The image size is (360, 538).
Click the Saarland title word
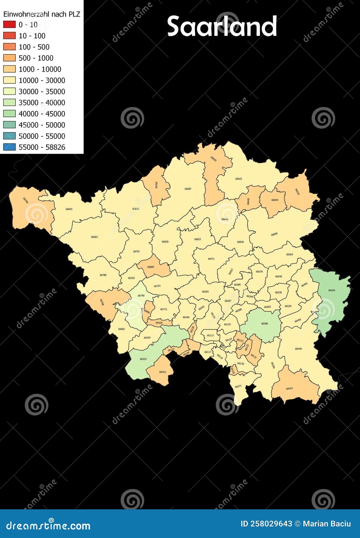point(222,26)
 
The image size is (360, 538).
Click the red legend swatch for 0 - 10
point(9,25)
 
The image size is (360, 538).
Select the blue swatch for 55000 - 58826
point(9,147)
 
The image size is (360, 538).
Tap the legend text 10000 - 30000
point(42,80)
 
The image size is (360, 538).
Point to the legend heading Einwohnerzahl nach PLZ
point(42,14)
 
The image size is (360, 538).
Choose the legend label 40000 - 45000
point(42,114)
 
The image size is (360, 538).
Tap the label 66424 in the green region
point(332,290)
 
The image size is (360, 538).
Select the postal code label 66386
point(265,323)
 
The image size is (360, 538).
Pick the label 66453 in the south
point(289,388)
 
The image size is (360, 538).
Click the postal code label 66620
point(214,158)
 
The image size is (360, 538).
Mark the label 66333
point(143,359)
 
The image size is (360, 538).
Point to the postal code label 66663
point(94,237)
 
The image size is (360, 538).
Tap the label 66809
point(151,267)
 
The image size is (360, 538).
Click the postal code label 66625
point(238,179)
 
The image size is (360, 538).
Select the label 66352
point(162,372)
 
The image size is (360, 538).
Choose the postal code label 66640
point(275,200)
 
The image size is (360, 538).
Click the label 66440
point(298,349)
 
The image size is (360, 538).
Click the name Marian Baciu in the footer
point(327,524)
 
